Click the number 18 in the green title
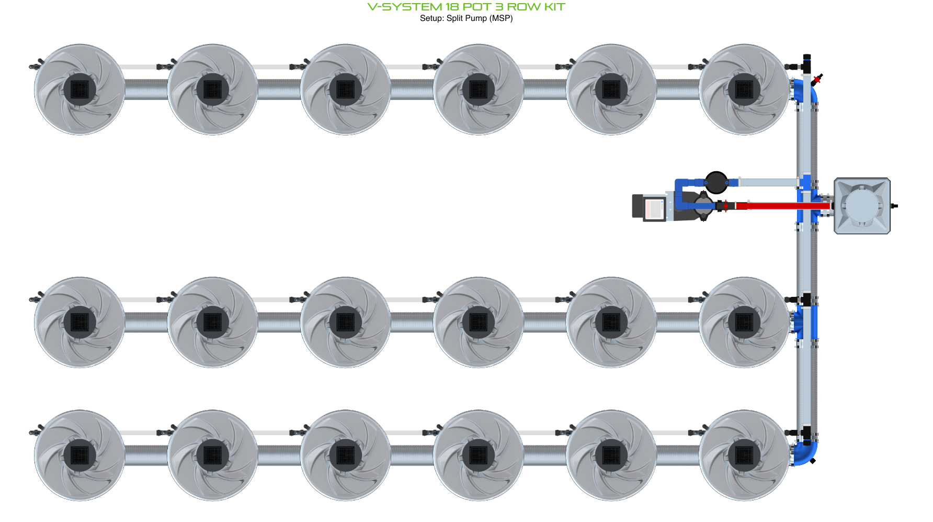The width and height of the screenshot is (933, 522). pyautogui.click(x=451, y=7)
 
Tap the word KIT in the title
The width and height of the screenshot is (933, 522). pyautogui.click(x=554, y=7)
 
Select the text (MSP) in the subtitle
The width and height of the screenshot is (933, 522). pyautogui.click(x=501, y=18)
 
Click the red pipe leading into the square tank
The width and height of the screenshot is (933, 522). pyautogui.click(x=774, y=206)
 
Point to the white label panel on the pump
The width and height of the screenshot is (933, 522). pyautogui.click(x=653, y=209)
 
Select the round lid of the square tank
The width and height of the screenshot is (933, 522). pyautogui.click(x=861, y=205)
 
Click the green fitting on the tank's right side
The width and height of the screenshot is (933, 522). pyautogui.click(x=895, y=206)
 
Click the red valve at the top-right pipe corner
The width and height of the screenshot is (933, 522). pyautogui.click(x=817, y=79)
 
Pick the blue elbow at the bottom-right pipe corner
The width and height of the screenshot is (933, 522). pyautogui.click(x=806, y=453)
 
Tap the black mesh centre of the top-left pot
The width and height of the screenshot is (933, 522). pyautogui.click(x=79, y=90)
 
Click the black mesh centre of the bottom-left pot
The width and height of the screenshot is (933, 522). pyautogui.click(x=79, y=455)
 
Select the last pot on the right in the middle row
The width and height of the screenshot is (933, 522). pyautogui.click(x=744, y=322)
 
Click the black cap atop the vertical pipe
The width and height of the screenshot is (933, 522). pyautogui.click(x=807, y=57)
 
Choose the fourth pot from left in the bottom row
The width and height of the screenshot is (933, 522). pyautogui.click(x=478, y=455)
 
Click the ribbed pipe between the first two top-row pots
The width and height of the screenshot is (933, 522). pyautogui.click(x=146, y=90)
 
